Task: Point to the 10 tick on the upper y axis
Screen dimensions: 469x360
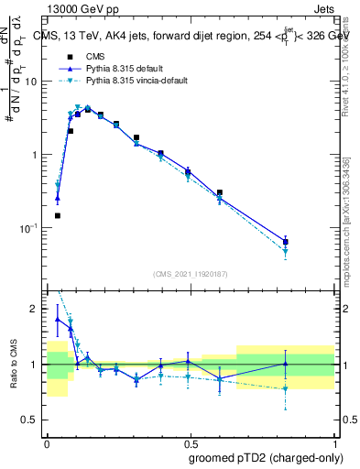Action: coord(32,82)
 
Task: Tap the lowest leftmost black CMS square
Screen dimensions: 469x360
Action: coord(58,215)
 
